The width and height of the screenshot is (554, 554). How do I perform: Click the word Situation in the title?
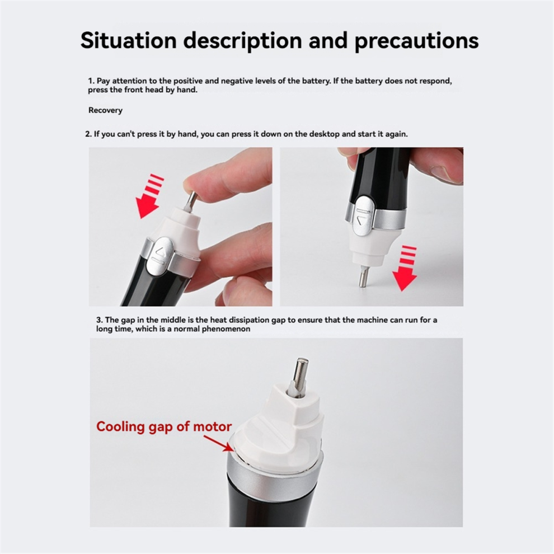[x=129, y=40]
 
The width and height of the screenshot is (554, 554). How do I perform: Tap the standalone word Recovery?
[x=105, y=110]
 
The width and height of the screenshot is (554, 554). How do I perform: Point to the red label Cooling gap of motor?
[x=164, y=427]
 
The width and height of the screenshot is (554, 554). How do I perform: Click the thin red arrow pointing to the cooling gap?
[x=218, y=443]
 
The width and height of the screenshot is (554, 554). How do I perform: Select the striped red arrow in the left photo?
[x=150, y=195]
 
